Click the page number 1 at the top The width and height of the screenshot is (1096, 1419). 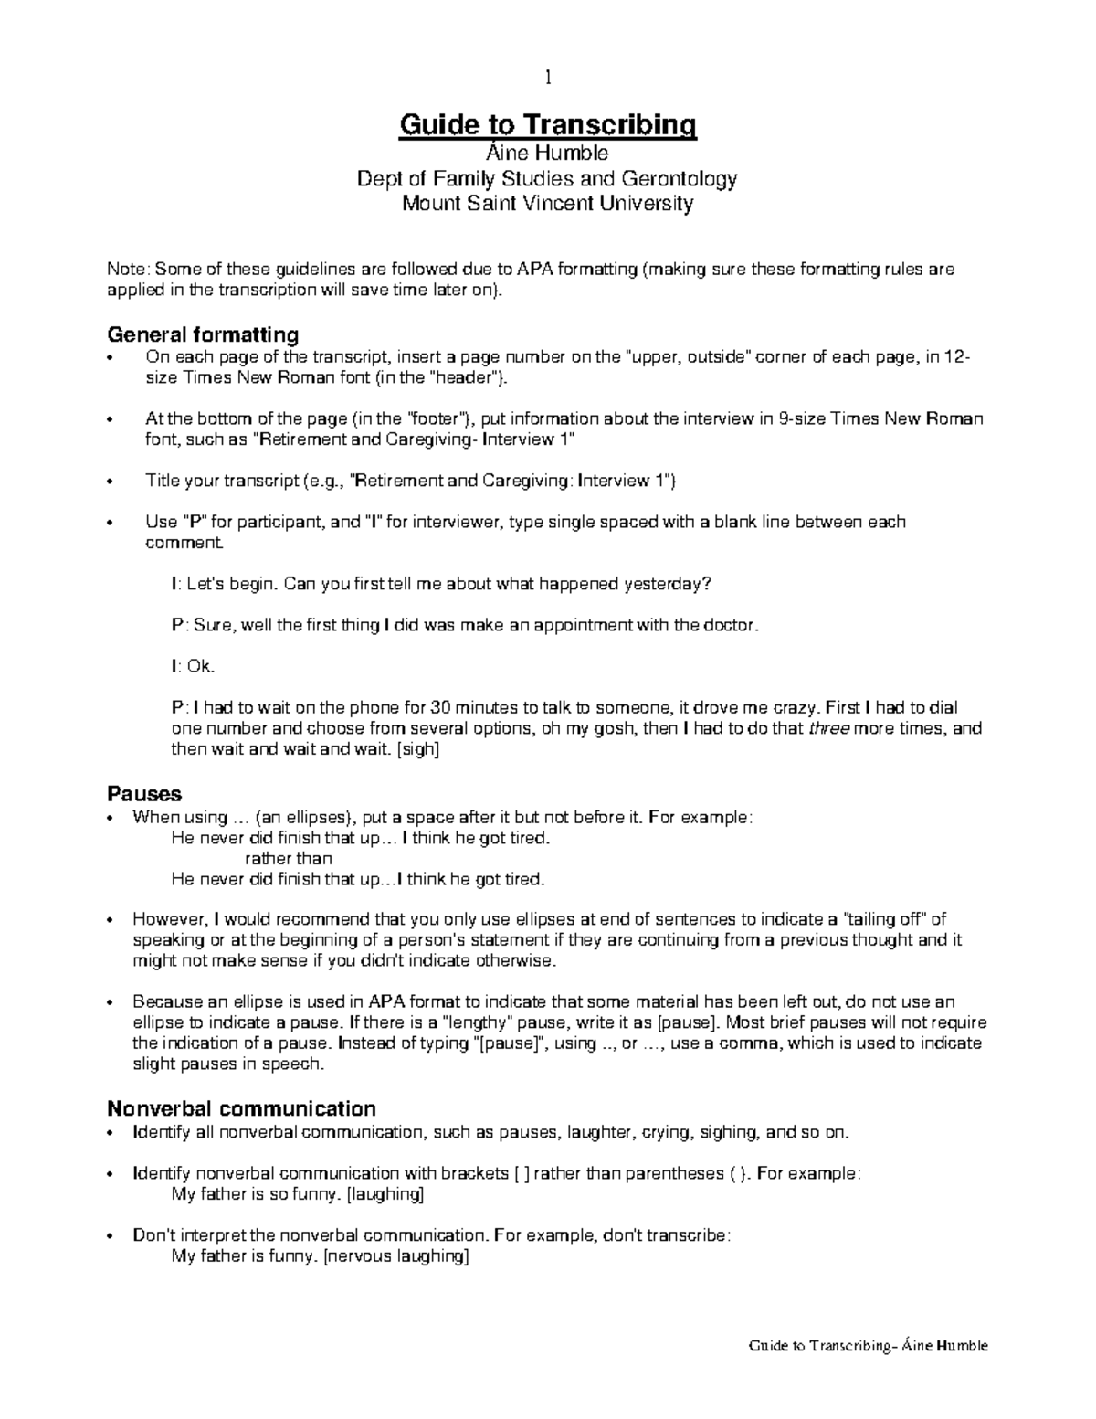547,78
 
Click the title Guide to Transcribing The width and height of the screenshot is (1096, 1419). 547,124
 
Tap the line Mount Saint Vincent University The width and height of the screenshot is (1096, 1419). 547,203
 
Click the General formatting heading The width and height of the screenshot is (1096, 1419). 203,334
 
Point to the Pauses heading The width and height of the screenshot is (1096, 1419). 144,792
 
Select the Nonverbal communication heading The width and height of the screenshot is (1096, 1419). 241,1108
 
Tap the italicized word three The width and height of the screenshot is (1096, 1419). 829,728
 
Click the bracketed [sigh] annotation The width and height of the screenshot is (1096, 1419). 418,749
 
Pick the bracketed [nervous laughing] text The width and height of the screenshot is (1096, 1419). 396,1255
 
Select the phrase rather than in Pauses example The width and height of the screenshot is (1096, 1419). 289,858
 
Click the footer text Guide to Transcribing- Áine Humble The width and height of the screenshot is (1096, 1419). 868,1345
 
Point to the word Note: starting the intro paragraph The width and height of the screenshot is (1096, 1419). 128,270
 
